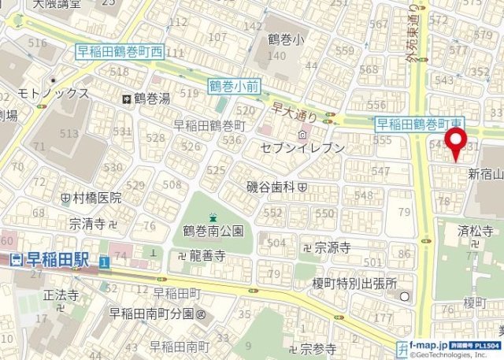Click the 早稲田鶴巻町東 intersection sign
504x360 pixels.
tap(420, 123)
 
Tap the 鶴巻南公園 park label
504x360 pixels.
tap(213, 231)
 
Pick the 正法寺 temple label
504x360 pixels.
tap(61, 295)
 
